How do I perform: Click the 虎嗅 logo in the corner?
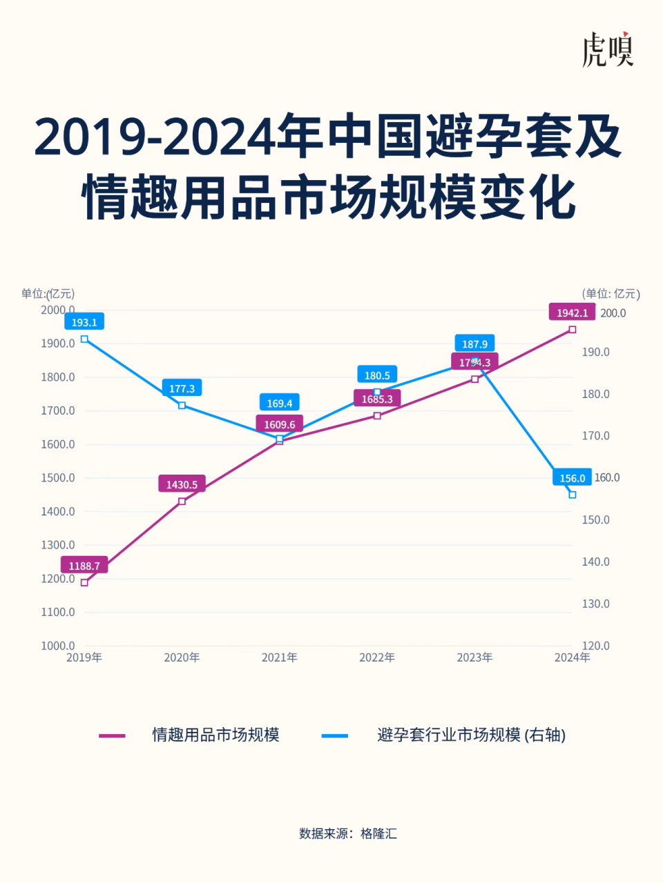pos(607,50)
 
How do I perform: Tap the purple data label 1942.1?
pos(572,312)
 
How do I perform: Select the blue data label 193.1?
pos(84,322)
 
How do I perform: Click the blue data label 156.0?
pos(572,477)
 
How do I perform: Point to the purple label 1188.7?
pos(84,566)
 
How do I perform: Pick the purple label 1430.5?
pos(182,484)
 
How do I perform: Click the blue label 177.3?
pos(182,388)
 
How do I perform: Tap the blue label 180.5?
pos(377,375)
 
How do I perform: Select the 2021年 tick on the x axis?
pos(279,657)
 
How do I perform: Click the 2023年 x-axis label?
pos(474,657)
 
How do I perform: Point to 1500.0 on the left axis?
pos(58,477)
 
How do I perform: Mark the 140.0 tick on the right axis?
pos(595,562)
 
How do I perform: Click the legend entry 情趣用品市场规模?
pos(215,735)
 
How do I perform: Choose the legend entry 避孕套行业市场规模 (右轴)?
pos(471,735)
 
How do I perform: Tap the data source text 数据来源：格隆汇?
pos(348,833)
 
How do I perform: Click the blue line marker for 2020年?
pos(182,406)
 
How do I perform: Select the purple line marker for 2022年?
pos(377,416)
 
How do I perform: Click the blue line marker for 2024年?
pos(572,495)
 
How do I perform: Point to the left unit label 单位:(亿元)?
pos(48,294)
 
